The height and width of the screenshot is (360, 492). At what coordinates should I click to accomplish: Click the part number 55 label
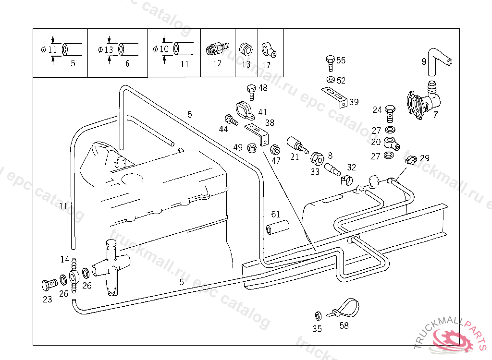pyautogui.click(x=341, y=60)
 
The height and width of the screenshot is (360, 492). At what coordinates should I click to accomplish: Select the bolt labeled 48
pyautogui.click(x=250, y=91)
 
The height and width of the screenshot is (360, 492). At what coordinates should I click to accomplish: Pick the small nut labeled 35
pyautogui.click(x=318, y=315)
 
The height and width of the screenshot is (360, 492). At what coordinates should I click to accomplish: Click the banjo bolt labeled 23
pyautogui.click(x=47, y=285)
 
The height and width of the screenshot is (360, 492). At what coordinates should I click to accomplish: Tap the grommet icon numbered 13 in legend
pyautogui.click(x=246, y=48)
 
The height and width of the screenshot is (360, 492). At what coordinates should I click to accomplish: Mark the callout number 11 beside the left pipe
pyautogui.click(x=63, y=207)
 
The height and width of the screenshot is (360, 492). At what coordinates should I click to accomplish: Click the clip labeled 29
pyautogui.click(x=410, y=159)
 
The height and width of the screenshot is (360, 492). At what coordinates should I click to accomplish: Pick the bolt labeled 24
pyautogui.click(x=391, y=113)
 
